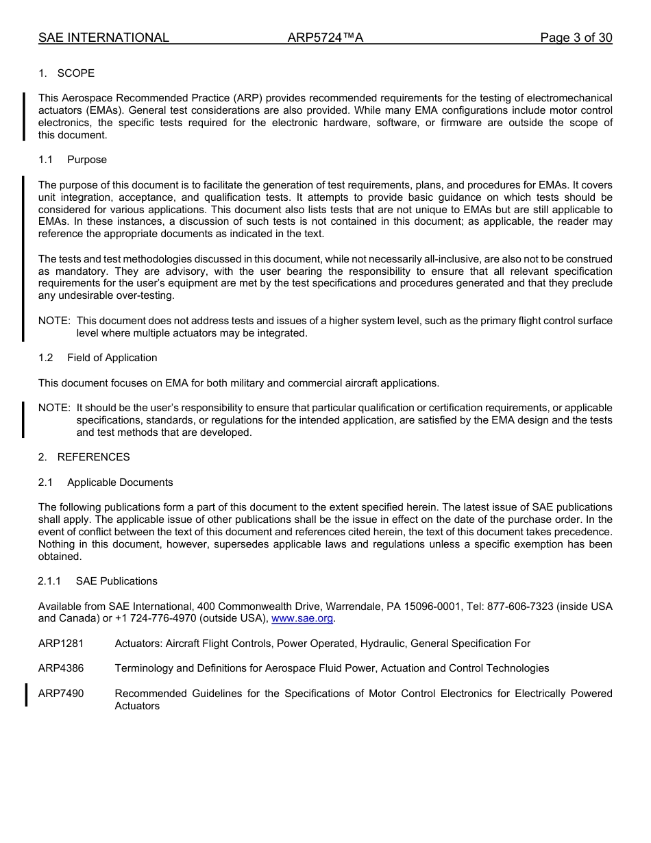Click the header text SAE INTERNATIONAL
pyautogui.click(x=103, y=38)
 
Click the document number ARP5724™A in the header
pyautogui.click(x=325, y=38)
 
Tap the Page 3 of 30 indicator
pyautogui.click(x=576, y=38)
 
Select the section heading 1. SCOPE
pyautogui.click(x=66, y=73)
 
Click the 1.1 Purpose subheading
pyautogui.click(x=73, y=160)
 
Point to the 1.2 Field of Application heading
pyautogui.click(x=98, y=358)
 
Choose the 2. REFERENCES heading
pyautogui.click(x=84, y=457)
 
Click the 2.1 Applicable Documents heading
pyautogui.click(x=106, y=482)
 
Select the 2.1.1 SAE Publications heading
pyautogui.click(x=97, y=581)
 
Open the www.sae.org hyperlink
pyautogui.click(x=302, y=619)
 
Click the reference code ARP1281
pyautogui.click(x=61, y=644)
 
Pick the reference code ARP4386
pyautogui.click(x=61, y=668)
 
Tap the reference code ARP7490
pyautogui.click(x=61, y=694)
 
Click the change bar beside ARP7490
pyautogui.click(x=26, y=694)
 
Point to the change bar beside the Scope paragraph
pyautogui.click(x=23, y=117)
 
